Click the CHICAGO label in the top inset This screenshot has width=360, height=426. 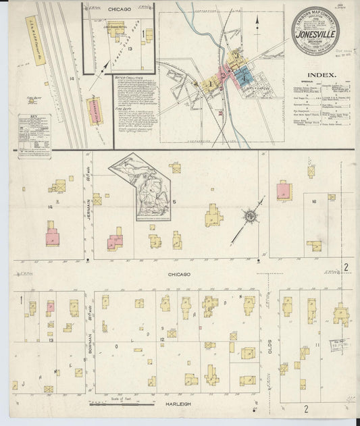pyautogui.click(x=118, y=9)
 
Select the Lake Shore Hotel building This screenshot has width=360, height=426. pyautogui.click(x=115, y=30)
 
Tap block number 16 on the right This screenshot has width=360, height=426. pyautogui.click(x=314, y=201)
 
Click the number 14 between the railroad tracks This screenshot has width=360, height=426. pyautogui.click(x=71, y=79)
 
